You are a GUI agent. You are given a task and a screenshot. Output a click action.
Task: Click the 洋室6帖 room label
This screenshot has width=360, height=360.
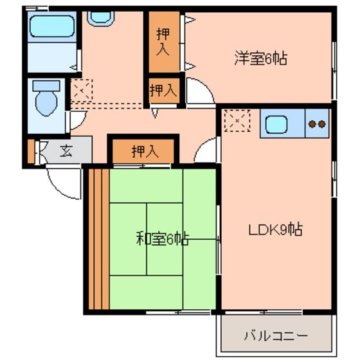[x=260, y=59]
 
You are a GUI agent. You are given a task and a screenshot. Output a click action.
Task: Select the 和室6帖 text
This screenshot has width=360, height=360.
[x=162, y=239]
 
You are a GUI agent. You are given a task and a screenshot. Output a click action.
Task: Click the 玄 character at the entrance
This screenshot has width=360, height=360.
[x=66, y=152]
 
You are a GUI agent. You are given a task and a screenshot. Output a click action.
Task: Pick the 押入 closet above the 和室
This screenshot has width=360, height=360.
[x=144, y=152]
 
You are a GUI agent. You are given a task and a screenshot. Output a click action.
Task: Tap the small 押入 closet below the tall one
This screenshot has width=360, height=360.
[x=163, y=91]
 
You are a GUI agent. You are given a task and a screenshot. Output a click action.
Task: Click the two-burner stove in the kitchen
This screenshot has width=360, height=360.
[x=316, y=123]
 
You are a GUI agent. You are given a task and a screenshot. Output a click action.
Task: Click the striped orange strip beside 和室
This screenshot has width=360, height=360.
[x=96, y=239]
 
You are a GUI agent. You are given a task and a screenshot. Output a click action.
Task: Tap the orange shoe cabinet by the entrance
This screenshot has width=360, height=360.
[x=31, y=152]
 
